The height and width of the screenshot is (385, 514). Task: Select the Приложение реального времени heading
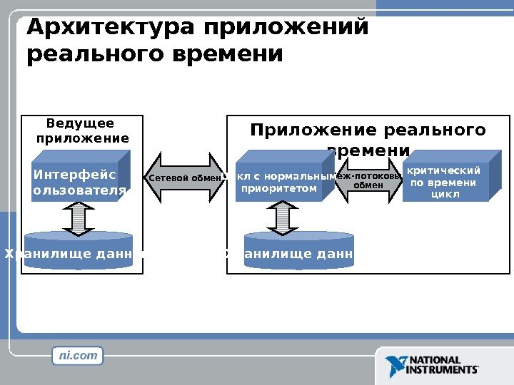(x=368, y=140)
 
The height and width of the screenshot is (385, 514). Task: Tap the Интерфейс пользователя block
(x=79, y=182)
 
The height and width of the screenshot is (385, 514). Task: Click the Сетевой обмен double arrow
(x=186, y=178)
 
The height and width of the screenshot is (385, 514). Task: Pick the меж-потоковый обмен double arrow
(x=369, y=180)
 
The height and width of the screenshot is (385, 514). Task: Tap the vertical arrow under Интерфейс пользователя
(x=79, y=217)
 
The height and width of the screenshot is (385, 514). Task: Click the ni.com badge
(x=78, y=355)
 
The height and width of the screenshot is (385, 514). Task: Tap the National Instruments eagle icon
(x=395, y=365)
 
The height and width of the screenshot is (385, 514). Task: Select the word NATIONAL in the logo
(x=435, y=361)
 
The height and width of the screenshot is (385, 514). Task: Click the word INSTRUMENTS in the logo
(x=443, y=370)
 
